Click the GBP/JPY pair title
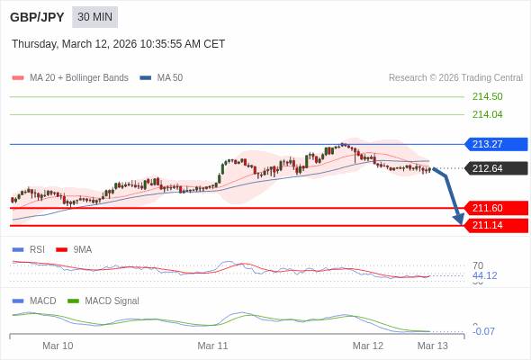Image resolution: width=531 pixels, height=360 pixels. click(x=37, y=17)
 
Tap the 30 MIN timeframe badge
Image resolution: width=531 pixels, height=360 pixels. click(x=94, y=17)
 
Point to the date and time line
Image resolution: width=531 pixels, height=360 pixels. click(x=118, y=44)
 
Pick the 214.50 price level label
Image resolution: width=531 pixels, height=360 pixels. click(x=487, y=96)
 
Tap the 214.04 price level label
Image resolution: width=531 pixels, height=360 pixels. click(x=487, y=114)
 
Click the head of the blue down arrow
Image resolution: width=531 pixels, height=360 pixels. click(x=459, y=219)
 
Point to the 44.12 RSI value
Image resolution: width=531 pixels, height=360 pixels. click(x=484, y=275)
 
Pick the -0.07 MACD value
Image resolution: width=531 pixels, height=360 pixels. click(x=484, y=331)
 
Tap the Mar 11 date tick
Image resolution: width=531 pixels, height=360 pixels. click(x=212, y=346)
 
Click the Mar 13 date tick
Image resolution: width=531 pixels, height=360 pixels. click(x=432, y=346)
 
